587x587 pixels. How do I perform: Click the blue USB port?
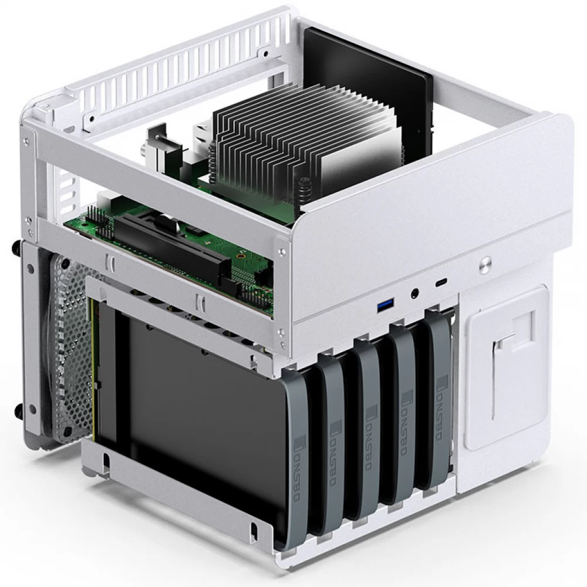click(385, 305)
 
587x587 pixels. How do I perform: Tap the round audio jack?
click(416, 291)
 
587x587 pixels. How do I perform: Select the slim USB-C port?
click(440, 282)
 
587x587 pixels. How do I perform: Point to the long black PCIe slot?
click(170, 247)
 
